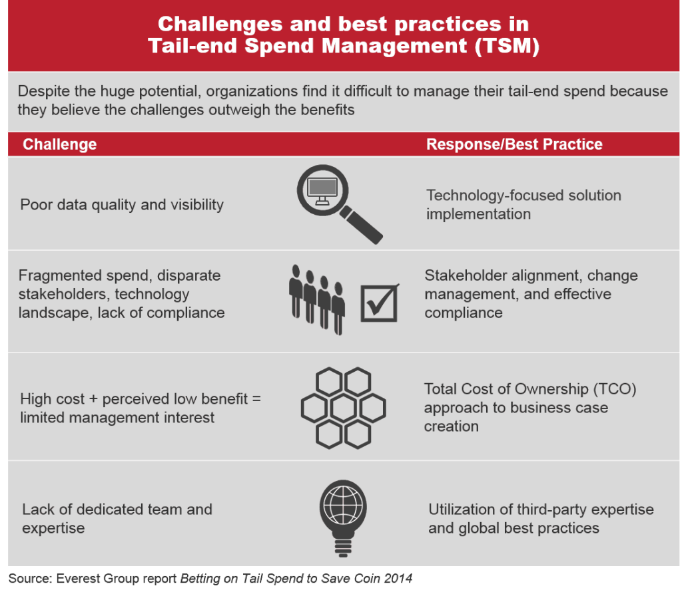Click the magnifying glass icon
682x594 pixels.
pyautogui.click(x=323, y=191)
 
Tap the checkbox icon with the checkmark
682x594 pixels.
pyautogui.click(x=379, y=303)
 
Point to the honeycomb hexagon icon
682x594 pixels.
pyautogui.click(x=343, y=408)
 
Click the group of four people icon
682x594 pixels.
pyautogui.click(x=317, y=299)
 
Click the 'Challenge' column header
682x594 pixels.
pyautogui.click(x=59, y=144)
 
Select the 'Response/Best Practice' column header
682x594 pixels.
pyautogui.click(x=514, y=144)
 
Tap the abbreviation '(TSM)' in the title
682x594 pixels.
pyautogui.click(x=507, y=46)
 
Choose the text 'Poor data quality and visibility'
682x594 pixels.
pyautogui.click(x=122, y=205)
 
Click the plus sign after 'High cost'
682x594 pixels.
pyautogui.click(x=93, y=399)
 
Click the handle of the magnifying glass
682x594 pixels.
pyautogui.click(x=361, y=225)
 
